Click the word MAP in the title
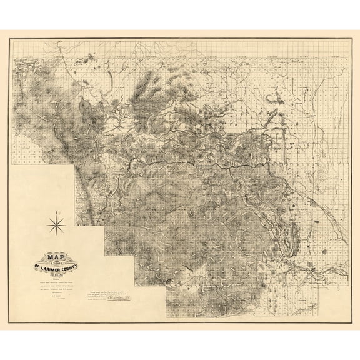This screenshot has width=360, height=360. (56, 256)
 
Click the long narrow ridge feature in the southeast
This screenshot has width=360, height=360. (288, 237)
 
